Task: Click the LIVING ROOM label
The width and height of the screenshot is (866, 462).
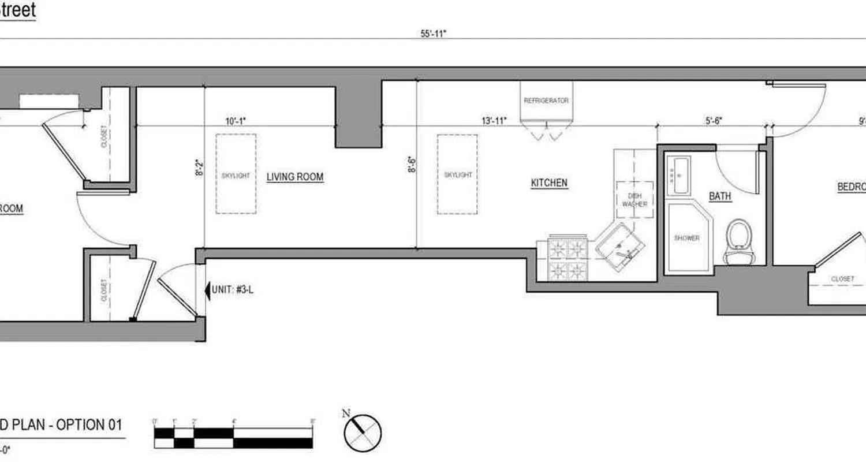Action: click(294, 177)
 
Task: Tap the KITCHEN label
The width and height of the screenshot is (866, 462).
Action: click(549, 183)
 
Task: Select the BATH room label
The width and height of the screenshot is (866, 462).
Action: click(720, 196)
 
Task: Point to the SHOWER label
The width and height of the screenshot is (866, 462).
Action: click(686, 238)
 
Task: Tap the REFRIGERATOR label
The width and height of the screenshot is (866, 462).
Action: click(546, 100)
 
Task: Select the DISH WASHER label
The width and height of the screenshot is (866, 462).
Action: click(634, 200)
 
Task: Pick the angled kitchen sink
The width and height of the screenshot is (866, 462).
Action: click(620, 247)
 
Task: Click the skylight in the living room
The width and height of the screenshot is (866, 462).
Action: click(236, 174)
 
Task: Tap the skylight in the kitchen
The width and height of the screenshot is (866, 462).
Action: click(457, 174)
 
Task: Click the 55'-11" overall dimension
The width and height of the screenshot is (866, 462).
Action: click(434, 33)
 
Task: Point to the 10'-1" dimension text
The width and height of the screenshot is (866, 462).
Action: click(236, 121)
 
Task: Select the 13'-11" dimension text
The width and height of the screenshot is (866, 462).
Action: click(494, 121)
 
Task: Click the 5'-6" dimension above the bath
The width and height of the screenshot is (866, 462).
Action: click(714, 121)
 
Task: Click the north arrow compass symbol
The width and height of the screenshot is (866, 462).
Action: click(363, 433)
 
